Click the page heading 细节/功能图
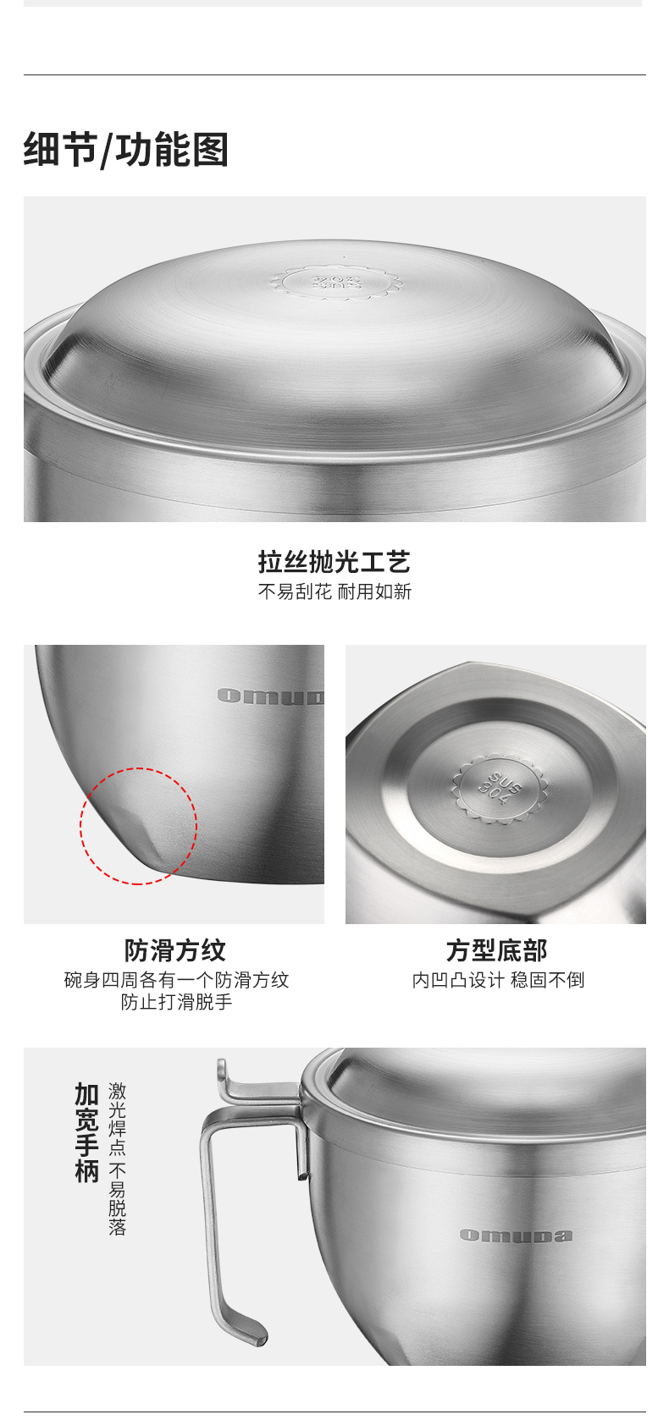[126, 150]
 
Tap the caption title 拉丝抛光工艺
[334, 562]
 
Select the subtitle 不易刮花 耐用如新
[334, 592]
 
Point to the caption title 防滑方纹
[174, 950]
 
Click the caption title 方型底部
[496, 950]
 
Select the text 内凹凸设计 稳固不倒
[498, 980]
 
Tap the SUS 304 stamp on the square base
[500, 789]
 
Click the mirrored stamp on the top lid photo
[337, 282]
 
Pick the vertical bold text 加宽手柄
[87, 1132]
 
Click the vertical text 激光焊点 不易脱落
[118, 1159]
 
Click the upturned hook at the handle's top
[222, 1073]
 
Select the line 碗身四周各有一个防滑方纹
[176, 980]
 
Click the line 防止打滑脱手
[176, 1002]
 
